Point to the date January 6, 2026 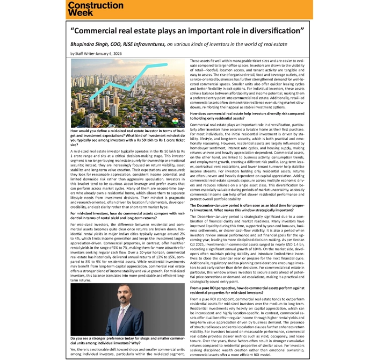point(107,54)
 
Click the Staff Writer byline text point(87,54)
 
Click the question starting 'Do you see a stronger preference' point(124,341)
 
